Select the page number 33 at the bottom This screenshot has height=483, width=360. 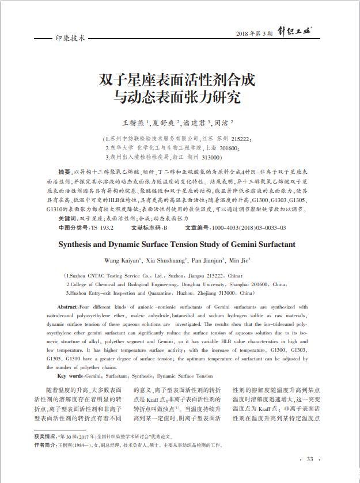(309, 459)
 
